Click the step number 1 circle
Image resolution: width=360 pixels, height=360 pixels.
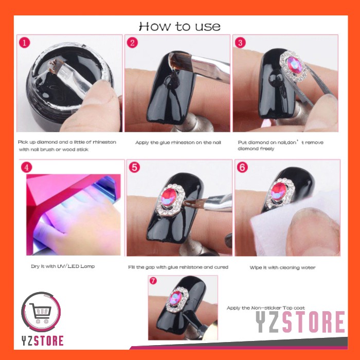tap(25, 43)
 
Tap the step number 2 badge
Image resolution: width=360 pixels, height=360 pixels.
tap(132, 43)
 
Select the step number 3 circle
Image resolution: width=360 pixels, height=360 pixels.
tap(240, 43)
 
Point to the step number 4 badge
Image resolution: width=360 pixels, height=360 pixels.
tap(26, 167)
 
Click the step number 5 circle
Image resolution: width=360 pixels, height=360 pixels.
tap(134, 167)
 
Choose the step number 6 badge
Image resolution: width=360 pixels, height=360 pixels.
tap(242, 167)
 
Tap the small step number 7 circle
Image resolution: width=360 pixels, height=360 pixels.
tap(153, 281)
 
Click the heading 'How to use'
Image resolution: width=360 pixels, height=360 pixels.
tap(179, 26)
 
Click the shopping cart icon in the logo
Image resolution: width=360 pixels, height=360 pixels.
tap(40, 313)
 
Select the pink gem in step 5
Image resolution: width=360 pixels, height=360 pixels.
tap(169, 197)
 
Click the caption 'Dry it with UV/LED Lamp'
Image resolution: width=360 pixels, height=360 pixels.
tap(63, 266)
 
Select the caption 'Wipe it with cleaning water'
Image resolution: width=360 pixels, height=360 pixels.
tap(283, 267)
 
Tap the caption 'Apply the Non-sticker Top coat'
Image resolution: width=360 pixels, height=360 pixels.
tap(266, 308)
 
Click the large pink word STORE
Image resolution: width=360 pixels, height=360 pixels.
tap(314, 322)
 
